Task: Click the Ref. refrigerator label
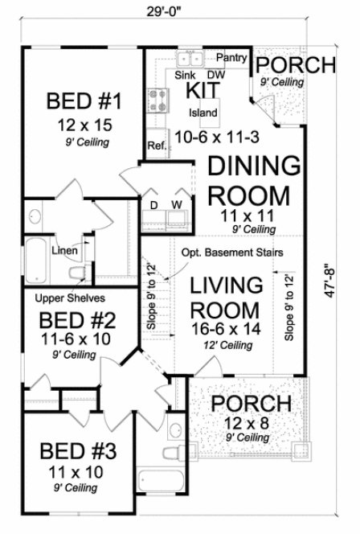coord(156,146)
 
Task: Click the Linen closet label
coord(64,251)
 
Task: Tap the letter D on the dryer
coord(154,205)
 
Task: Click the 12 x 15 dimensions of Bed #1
coord(83,125)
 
